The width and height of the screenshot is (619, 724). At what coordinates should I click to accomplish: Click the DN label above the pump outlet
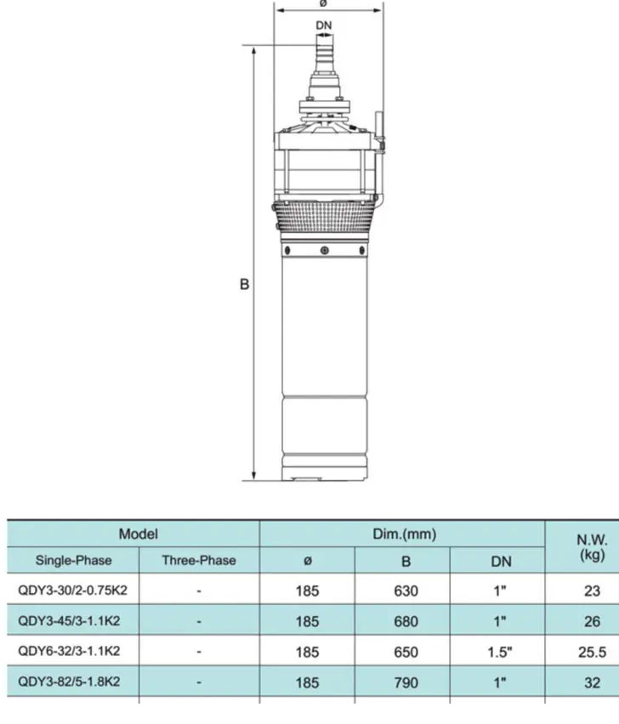pos(324,25)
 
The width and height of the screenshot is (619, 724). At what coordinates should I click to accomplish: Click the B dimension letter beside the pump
pos(244,286)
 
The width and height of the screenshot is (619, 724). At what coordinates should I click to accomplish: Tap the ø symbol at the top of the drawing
pos(323,3)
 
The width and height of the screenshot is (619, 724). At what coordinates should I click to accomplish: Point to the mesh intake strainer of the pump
pos(324,224)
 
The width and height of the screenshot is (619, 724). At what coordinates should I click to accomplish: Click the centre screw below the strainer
pos(324,250)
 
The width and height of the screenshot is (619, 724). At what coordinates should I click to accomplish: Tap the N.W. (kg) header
pos(592,546)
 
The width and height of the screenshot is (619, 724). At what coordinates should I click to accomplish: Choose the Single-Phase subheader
pos(73,561)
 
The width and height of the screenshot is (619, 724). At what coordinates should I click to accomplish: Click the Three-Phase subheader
pos(199,561)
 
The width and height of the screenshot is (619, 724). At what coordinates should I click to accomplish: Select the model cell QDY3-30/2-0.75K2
pos(72,591)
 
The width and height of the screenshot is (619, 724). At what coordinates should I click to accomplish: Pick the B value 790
pos(406,682)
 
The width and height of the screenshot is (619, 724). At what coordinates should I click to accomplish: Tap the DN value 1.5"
pos(501,652)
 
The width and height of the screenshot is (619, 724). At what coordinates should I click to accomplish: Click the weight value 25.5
pos(592,652)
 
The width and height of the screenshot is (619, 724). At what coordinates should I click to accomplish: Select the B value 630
pos(406,591)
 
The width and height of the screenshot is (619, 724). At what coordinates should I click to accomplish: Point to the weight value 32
pos(592,682)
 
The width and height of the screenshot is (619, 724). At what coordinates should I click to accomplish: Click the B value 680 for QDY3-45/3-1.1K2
pos(406,621)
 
